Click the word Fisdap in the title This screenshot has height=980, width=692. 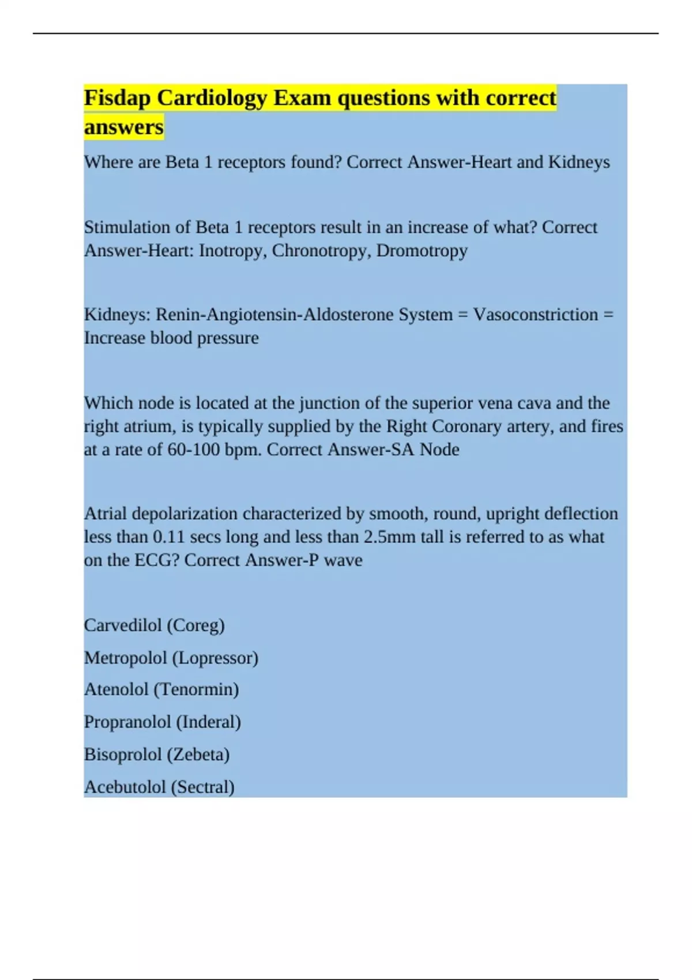pyautogui.click(x=118, y=99)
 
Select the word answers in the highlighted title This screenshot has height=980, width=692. pyautogui.click(x=123, y=127)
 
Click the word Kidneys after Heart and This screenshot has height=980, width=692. pyautogui.click(x=578, y=162)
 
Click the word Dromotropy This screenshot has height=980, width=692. pyautogui.click(x=422, y=251)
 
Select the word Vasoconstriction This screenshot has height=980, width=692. pyautogui.click(x=535, y=315)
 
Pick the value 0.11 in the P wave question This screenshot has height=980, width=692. pyautogui.click(x=168, y=537)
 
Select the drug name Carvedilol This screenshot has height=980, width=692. pyautogui.click(x=122, y=625)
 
